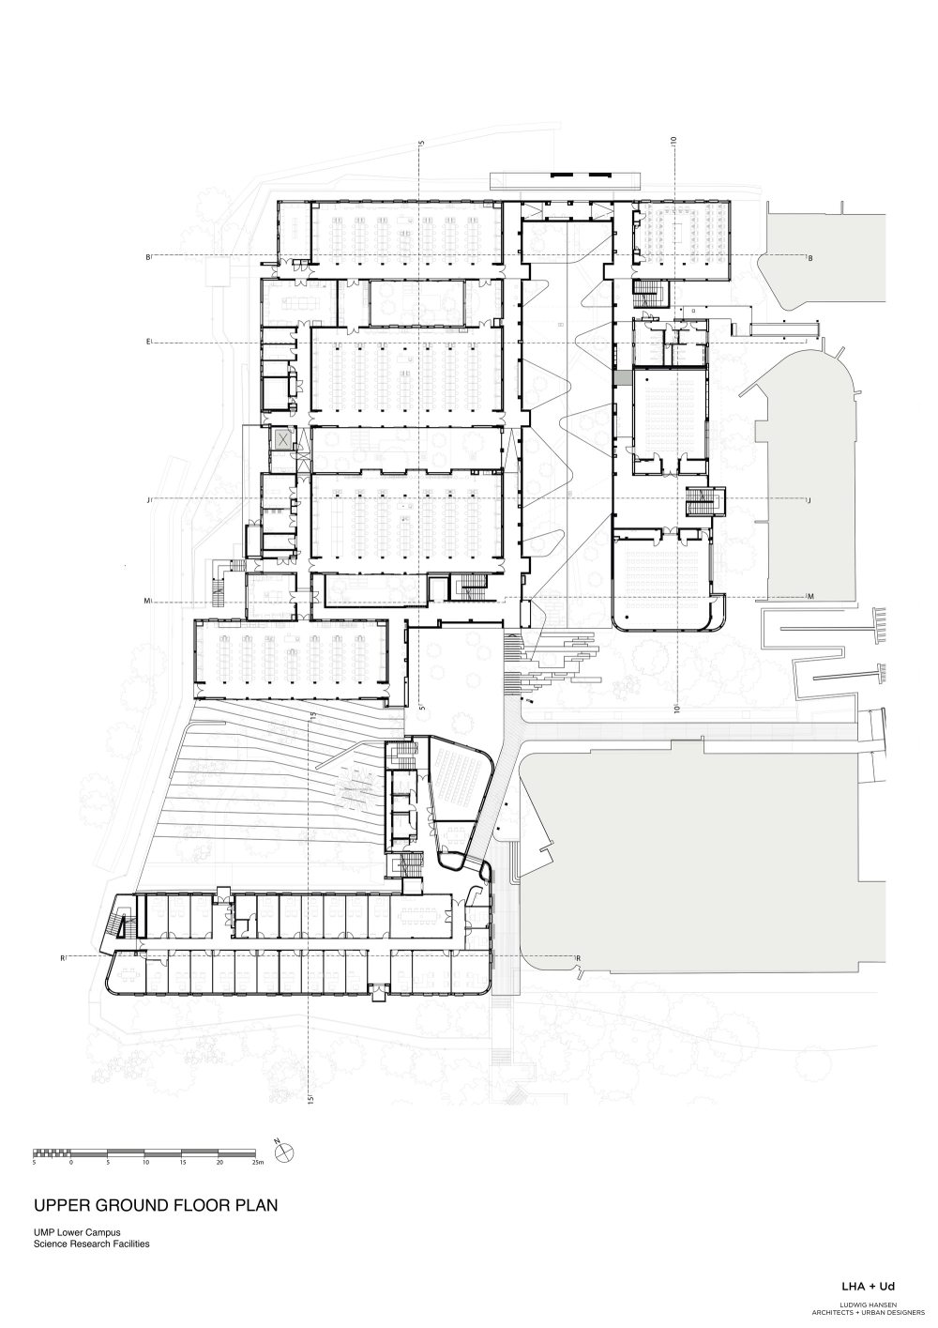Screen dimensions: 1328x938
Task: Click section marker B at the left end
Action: point(147,256)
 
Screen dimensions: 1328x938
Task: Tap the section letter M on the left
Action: point(147,600)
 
